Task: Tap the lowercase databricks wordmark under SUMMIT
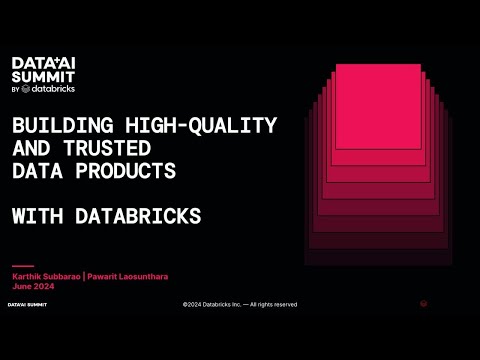[x=50, y=88]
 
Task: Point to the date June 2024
[x=32, y=284]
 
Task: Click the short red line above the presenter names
[x=22, y=265]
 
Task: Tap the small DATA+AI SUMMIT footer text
[x=28, y=304]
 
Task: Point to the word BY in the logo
[x=16, y=89]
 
